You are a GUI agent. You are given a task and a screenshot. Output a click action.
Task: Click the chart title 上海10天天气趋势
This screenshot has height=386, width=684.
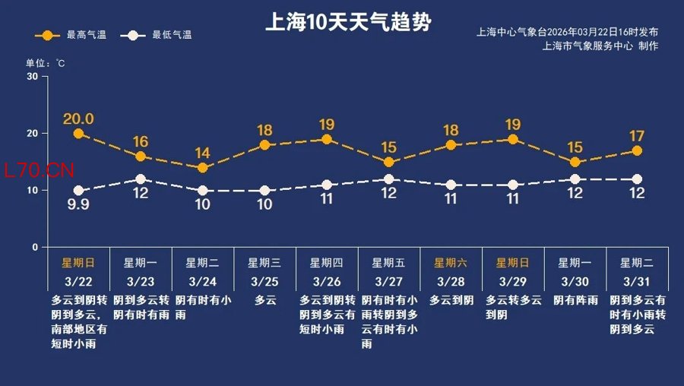(x=347, y=21)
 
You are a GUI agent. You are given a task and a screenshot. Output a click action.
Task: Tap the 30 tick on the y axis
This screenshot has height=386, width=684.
(x=33, y=76)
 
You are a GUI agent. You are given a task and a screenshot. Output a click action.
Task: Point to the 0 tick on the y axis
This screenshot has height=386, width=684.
(x=35, y=248)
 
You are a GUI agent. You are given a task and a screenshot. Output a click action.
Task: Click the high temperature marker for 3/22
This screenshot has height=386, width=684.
(x=78, y=134)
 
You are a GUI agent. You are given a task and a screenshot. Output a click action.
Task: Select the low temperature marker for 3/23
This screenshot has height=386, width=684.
(x=140, y=179)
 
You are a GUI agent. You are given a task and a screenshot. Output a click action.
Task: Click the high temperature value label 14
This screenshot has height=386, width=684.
(x=202, y=152)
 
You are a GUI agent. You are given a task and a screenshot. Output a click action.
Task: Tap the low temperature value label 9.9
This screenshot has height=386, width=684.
(x=78, y=204)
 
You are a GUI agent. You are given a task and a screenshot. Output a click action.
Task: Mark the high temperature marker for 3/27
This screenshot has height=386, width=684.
(x=388, y=162)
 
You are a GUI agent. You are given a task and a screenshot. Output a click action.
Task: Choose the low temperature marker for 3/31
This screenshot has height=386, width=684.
(x=637, y=179)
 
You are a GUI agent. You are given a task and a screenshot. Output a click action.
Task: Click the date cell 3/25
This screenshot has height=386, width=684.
(x=264, y=281)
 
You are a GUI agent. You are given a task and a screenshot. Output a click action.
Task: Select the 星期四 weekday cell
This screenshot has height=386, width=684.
(x=327, y=263)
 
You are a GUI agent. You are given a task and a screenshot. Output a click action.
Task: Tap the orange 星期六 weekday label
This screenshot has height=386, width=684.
(x=451, y=263)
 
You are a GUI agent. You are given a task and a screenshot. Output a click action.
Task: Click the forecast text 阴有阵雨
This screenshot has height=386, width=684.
(x=575, y=300)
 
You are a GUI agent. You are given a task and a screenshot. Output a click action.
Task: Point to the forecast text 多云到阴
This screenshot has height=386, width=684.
(x=451, y=300)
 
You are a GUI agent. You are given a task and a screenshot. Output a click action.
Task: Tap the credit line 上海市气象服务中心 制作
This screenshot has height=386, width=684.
(x=600, y=46)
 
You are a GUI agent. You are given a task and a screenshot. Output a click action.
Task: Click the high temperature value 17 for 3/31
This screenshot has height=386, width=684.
(x=637, y=137)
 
